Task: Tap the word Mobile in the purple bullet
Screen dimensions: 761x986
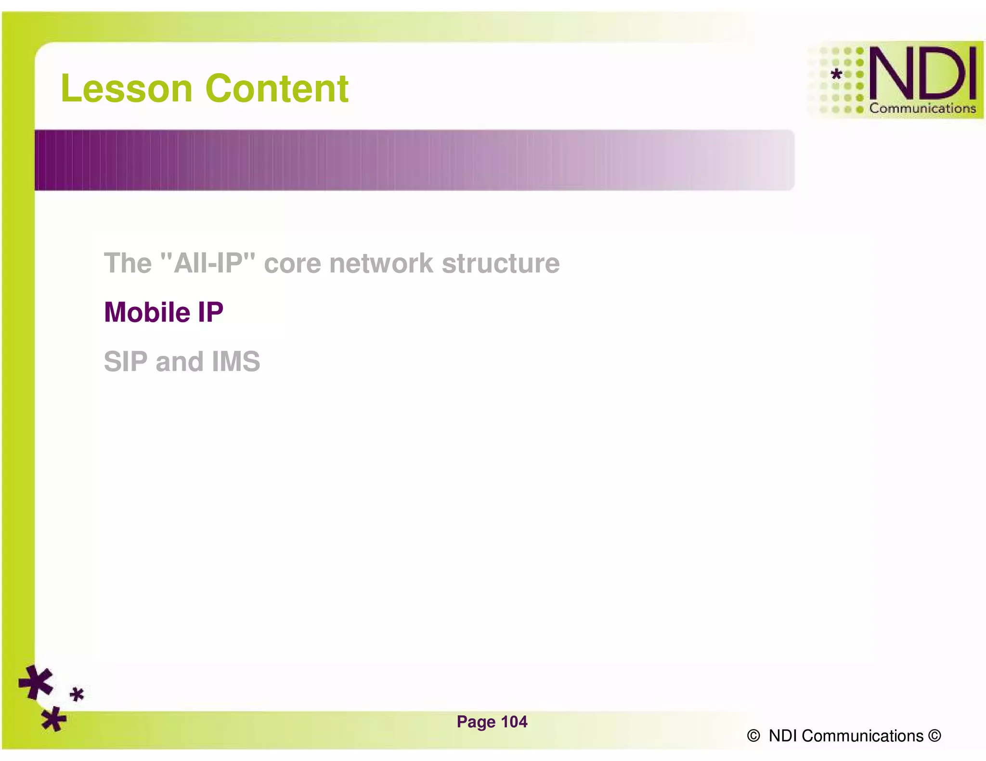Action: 147,312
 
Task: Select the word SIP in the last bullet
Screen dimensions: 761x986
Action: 125,361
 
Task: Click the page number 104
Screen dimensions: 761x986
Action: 514,722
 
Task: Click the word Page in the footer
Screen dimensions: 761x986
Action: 476,722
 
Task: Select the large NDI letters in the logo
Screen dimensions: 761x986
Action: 922,74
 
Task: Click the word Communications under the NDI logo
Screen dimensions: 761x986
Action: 922,108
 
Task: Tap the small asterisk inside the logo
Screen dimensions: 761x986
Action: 837,74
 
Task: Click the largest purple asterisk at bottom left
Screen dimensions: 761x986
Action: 36,682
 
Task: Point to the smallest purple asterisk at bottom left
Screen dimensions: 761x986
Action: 77,694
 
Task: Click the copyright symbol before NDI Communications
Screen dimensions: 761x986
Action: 753,736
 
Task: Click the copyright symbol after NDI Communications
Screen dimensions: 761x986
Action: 934,736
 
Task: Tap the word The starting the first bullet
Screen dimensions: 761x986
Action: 128,263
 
